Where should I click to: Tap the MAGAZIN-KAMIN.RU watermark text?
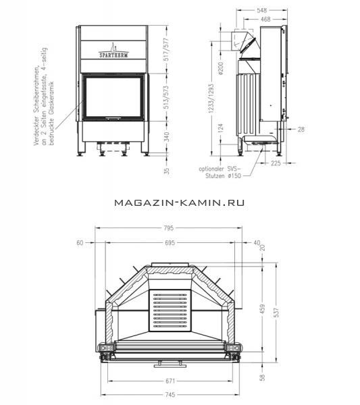tap(180, 202)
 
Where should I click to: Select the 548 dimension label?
tap(262, 10)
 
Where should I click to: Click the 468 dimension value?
tap(265, 19)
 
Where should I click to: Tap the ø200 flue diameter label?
tap(220, 68)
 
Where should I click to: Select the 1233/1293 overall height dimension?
tap(211, 99)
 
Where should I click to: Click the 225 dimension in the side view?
tap(276, 163)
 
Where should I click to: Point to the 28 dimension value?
tap(301, 129)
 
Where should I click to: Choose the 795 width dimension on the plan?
tap(168, 228)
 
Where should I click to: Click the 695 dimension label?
tap(170, 243)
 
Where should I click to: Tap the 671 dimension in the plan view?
tap(170, 381)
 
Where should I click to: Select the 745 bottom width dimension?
tap(170, 395)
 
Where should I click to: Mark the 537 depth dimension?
tap(277, 313)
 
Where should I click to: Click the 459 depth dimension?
tap(263, 309)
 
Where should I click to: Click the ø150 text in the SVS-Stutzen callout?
tap(234, 176)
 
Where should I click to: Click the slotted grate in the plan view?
tap(170, 310)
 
